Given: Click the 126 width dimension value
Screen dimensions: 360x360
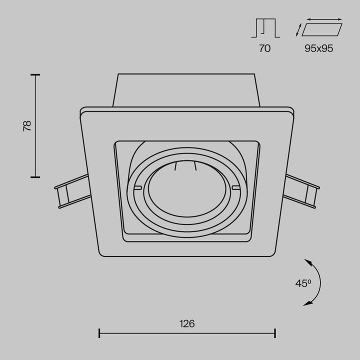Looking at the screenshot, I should pos(187,323).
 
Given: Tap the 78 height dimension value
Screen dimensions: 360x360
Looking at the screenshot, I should pos(27,125).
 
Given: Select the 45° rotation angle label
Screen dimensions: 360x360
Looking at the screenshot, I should pos(303,283).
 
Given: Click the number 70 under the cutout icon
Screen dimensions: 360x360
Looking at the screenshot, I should pos(265,48).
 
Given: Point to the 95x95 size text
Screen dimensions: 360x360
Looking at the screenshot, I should pos(319,48).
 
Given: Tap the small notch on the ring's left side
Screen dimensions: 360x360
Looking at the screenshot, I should pos(138,188).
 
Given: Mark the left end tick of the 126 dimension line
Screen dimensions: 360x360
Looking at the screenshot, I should pos(99,332).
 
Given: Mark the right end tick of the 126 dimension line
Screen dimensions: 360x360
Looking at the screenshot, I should pos(275,332).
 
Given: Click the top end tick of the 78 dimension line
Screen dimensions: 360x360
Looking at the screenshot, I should pos(35,74).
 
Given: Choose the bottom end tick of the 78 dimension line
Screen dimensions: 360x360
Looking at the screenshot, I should pos(35,176).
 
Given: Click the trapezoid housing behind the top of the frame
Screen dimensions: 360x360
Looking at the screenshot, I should pos(186,90).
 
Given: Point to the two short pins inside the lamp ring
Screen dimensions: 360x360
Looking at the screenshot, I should pos(185,167).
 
